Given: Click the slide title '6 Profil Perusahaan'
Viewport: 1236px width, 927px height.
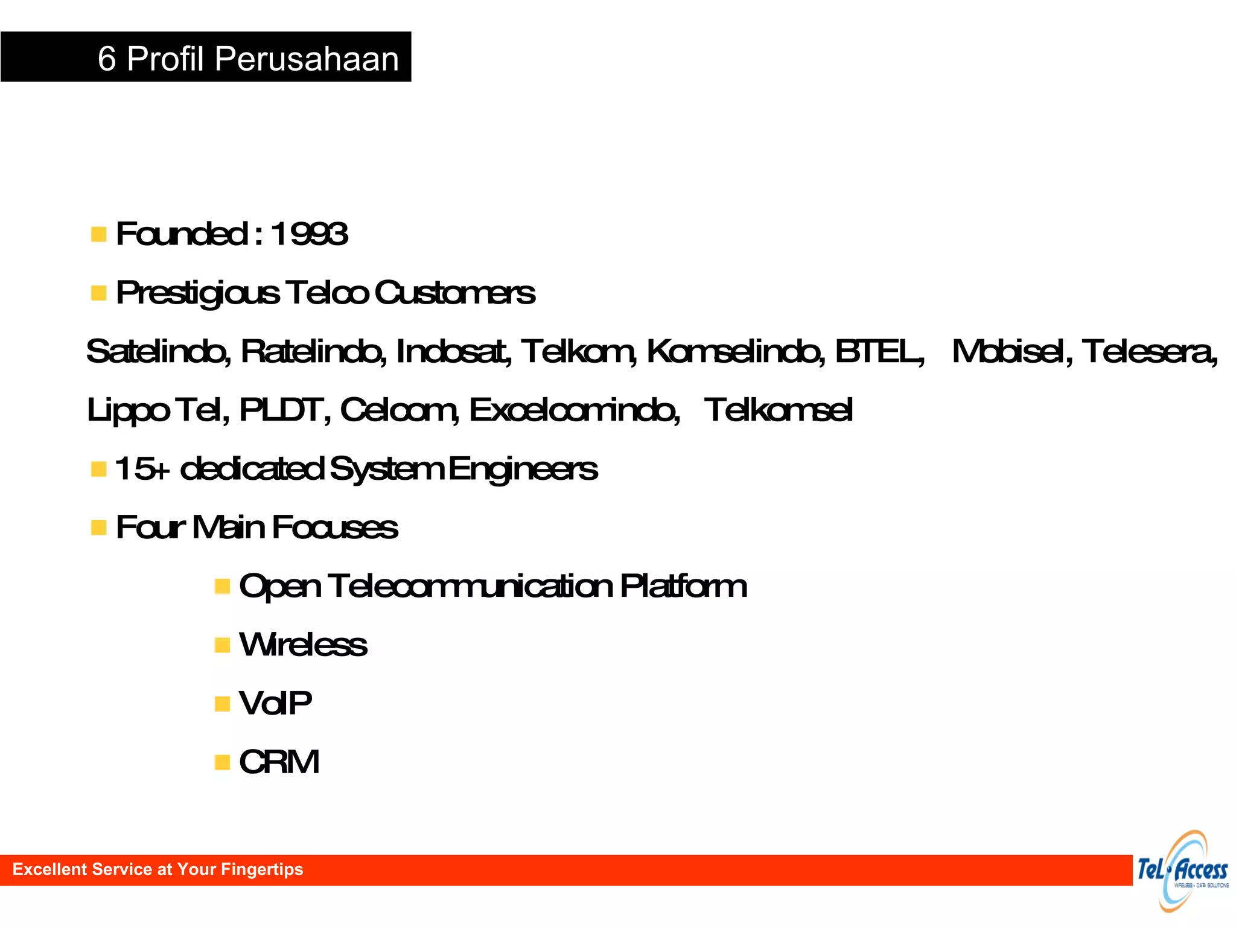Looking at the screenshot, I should [248, 59].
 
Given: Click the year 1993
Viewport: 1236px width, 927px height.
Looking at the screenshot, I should [308, 234].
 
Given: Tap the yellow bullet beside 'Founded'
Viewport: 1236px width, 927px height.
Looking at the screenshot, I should [98, 234].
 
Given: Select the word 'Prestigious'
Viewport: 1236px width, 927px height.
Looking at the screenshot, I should [197, 293].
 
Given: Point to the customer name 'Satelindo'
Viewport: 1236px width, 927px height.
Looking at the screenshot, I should [158, 351].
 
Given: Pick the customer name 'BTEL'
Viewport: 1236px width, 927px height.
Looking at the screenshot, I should [878, 351].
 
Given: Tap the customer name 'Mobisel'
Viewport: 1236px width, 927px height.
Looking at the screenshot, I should [1011, 351].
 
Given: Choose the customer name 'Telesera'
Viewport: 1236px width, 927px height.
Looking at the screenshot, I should [1149, 351].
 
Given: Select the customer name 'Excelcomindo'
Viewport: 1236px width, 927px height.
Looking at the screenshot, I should [573, 410].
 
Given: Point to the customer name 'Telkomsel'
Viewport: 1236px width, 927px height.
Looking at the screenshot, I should [778, 410].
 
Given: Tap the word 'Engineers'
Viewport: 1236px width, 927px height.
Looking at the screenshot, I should [523, 470].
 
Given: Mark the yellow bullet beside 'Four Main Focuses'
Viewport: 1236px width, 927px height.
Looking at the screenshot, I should [98, 527].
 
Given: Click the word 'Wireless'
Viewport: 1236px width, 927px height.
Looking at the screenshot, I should [303, 645].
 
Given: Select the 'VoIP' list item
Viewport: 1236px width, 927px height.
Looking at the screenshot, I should [275, 703].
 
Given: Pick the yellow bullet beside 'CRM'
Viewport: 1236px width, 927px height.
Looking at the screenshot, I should [222, 762].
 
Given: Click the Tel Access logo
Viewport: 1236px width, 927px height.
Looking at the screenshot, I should [1182, 871].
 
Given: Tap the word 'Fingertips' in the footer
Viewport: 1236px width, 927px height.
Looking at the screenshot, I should [262, 869].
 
